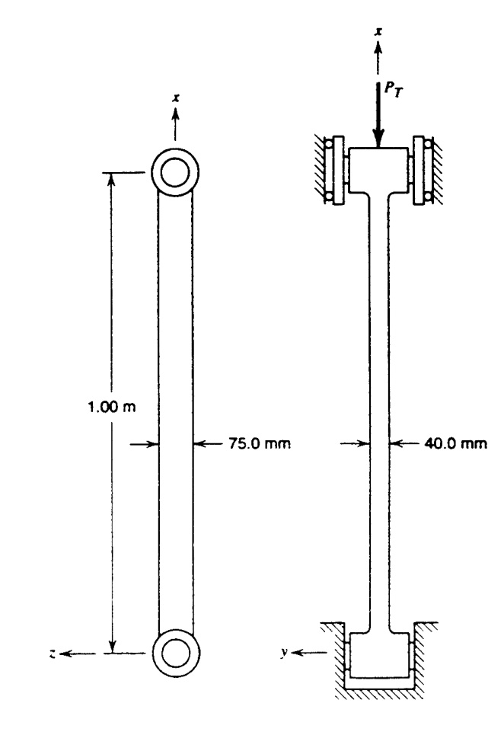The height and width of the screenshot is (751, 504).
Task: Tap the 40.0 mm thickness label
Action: [x=455, y=443]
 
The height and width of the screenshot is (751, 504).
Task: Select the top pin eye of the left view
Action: [x=175, y=171]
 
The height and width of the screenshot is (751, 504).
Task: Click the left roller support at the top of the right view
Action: [x=332, y=170]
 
